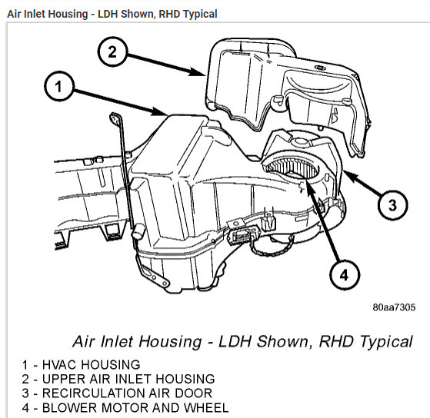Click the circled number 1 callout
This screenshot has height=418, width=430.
coord(59,86)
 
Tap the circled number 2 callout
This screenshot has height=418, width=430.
coord(112,51)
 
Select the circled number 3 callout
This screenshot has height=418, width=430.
coord(392,204)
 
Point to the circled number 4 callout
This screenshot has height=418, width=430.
coord(344,274)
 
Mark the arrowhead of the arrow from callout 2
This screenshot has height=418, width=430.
coord(198,71)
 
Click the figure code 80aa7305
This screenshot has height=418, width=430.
coord(394,307)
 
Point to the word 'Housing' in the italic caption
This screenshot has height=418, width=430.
coord(170,342)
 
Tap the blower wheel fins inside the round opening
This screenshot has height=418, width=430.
coord(292,168)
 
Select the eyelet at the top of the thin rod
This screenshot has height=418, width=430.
coord(115,118)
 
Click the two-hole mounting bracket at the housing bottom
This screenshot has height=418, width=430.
coord(154,277)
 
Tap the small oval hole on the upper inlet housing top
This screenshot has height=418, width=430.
coord(319,67)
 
